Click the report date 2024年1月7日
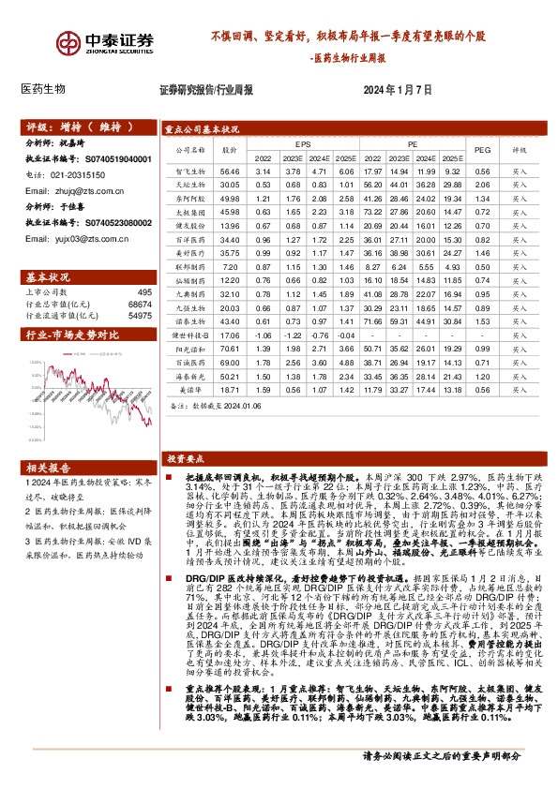pos(398,90)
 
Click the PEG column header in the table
pos(482,149)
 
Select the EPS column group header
pos(303,143)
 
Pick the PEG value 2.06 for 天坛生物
pos(482,186)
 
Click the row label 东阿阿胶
pos(189,200)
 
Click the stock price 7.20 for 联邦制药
pos(230,267)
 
